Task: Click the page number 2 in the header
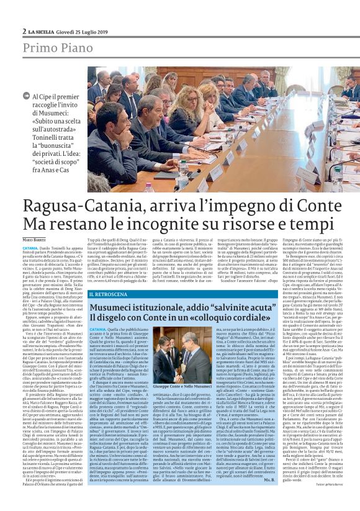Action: (24, 31)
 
